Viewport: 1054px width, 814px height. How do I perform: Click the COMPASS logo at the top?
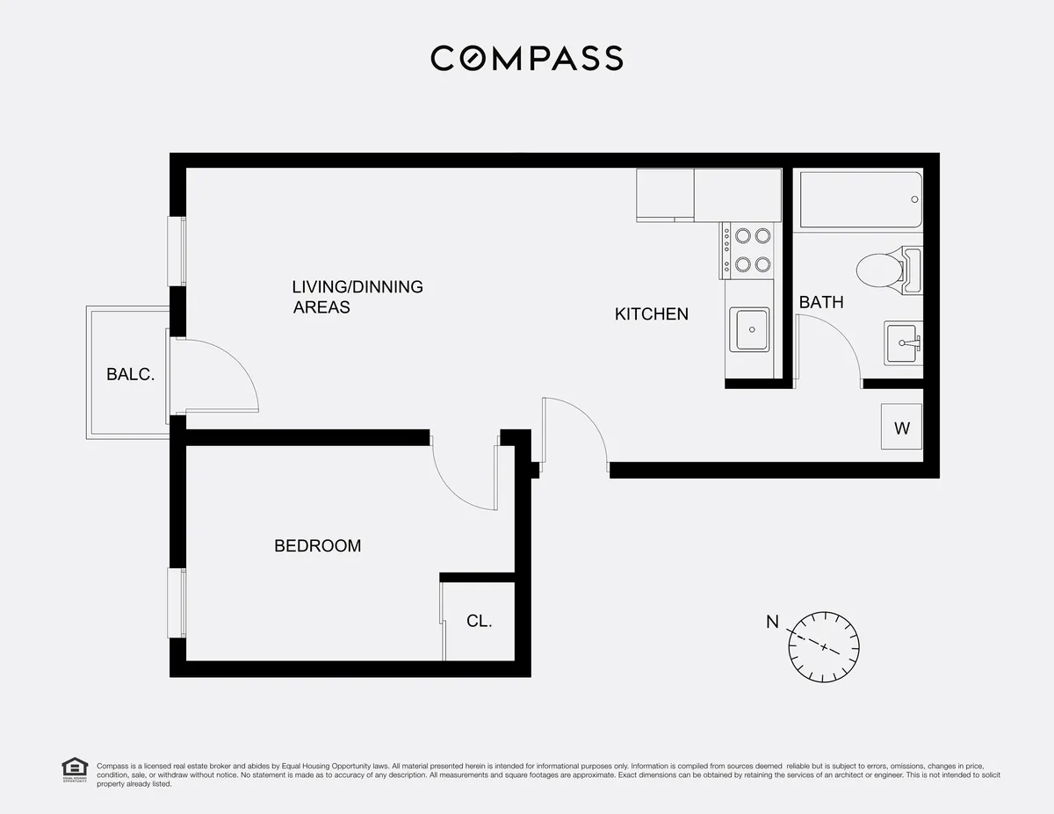point(527,59)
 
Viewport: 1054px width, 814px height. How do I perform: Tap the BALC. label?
point(130,374)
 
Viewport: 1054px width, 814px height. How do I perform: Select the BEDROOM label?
point(317,546)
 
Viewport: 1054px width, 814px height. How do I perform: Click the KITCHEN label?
point(651,313)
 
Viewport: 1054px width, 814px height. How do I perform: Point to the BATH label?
point(820,302)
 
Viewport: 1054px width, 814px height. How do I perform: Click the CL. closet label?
point(479,622)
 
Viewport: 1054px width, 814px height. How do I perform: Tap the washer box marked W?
point(901,428)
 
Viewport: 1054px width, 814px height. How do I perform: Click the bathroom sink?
point(902,342)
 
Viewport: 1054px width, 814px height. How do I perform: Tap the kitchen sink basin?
point(752,330)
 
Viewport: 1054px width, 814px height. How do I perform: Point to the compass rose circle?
point(823,646)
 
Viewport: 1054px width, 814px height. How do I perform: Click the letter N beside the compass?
point(772,623)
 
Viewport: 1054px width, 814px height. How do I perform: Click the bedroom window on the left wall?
point(177,603)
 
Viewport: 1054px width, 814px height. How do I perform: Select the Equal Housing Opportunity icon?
point(74,770)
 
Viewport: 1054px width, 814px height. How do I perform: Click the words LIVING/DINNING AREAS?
point(357,297)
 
